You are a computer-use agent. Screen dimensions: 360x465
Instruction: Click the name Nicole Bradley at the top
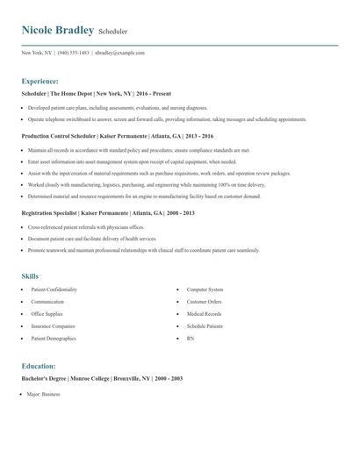pos(58,31)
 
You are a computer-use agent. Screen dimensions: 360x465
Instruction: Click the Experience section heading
pos(40,80)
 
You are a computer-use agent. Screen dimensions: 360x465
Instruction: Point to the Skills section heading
pos(30,276)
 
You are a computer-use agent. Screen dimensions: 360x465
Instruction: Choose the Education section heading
pos(39,366)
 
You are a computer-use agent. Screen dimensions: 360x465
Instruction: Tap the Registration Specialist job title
pos(49,213)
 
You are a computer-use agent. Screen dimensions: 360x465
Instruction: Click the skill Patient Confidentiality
pos(54,290)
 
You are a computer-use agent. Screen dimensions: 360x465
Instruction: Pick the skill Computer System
pos(205,290)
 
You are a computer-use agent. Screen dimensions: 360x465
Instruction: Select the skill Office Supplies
pos(47,313)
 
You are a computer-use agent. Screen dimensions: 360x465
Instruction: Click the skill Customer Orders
pos(204,302)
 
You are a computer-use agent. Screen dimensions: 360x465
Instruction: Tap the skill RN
pos(190,338)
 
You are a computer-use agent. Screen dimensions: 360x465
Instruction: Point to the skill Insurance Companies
pos(52,325)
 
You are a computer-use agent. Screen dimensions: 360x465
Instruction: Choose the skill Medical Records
pos(204,313)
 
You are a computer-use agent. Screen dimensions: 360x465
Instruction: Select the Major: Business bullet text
pos(45,396)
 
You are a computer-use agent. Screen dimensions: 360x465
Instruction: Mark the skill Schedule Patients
pos(205,325)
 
